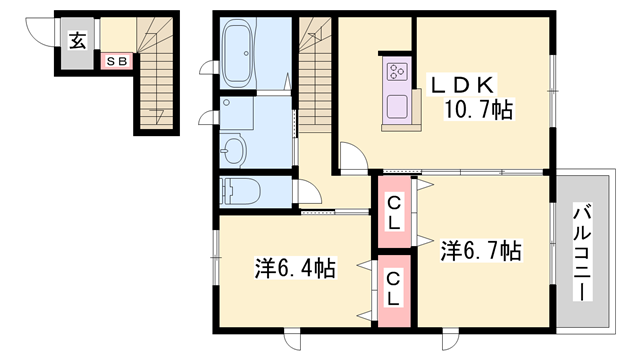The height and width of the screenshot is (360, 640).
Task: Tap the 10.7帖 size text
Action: [475, 109]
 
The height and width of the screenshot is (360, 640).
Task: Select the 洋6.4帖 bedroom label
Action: [294, 268]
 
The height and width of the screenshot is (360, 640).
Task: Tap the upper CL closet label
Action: [394, 214]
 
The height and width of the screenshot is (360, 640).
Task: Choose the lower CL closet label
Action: [394, 289]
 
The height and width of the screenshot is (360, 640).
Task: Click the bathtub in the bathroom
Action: [240, 54]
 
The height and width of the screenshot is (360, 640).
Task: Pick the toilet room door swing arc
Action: [311, 193]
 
